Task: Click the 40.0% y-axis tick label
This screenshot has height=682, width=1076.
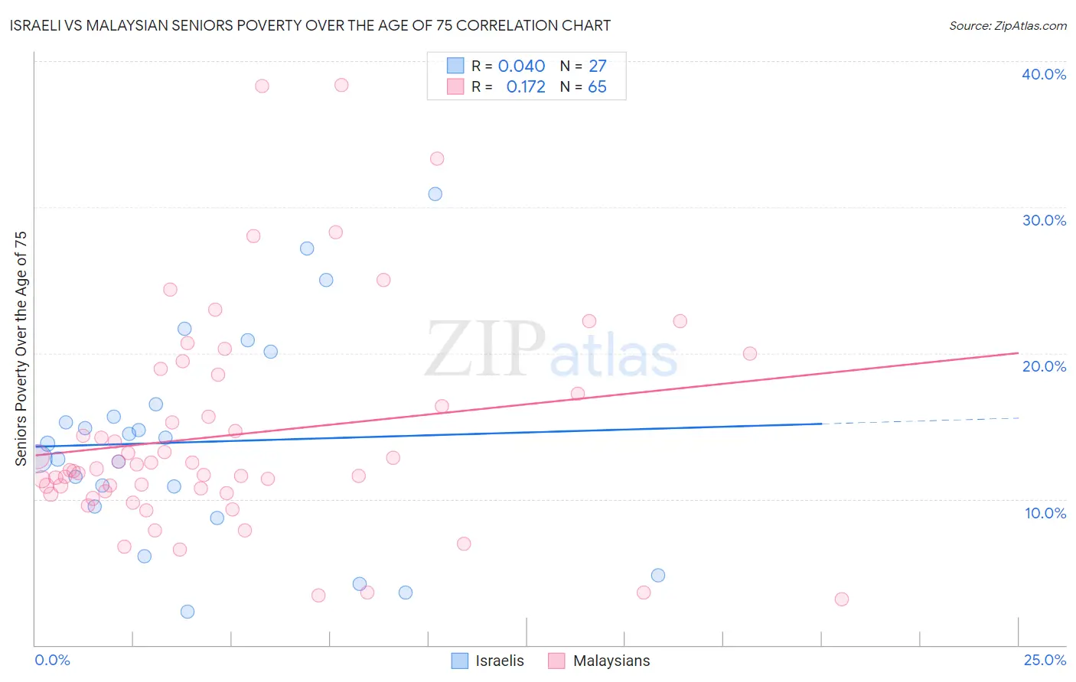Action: [x=1044, y=74]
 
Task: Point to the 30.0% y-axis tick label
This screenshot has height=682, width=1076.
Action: [x=1044, y=220]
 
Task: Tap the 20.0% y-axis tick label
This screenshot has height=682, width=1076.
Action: [x=1044, y=366]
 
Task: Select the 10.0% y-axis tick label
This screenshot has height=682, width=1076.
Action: [x=1045, y=513]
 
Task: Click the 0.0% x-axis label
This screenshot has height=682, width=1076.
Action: [x=52, y=660]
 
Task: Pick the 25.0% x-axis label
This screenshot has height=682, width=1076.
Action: [x=1045, y=660]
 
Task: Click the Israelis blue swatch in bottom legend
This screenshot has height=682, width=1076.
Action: [x=460, y=661]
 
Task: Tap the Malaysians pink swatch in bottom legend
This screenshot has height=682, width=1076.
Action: [x=556, y=661]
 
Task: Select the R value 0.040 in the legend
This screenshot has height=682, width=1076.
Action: [x=521, y=67]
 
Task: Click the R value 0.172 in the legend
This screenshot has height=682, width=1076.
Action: [x=526, y=87]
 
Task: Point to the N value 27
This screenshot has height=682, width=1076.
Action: [x=597, y=67]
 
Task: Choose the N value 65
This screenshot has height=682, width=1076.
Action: [x=597, y=87]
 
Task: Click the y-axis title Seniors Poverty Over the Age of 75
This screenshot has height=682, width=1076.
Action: [x=21, y=348]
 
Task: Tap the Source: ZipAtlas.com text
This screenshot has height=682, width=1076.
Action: [x=1007, y=26]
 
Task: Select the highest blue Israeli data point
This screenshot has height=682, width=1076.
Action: [x=435, y=194]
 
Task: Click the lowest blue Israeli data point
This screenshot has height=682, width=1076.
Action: [x=187, y=612]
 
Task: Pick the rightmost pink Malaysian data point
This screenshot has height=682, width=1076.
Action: [x=842, y=599]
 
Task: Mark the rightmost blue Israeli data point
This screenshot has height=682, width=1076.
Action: [x=658, y=576]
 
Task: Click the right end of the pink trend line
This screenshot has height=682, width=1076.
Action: [x=1018, y=352]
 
